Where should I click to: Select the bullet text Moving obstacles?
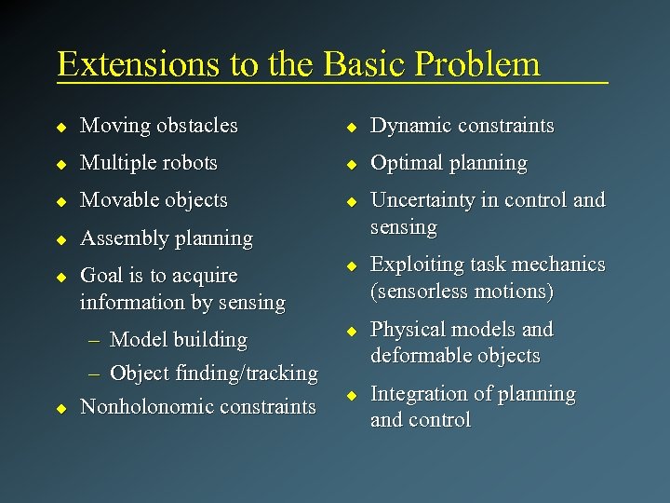click(158, 125)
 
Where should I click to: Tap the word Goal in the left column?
click(100, 276)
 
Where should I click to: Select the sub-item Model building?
click(178, 340)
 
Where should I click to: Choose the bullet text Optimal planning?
click(449, 163)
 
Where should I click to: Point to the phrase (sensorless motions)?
click(462, 292)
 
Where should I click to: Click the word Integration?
click(417, 394)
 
